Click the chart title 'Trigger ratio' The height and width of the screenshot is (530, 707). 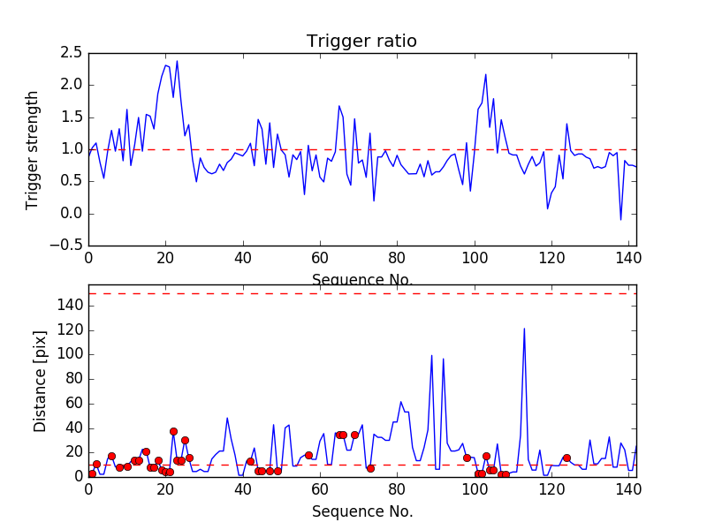coord(361,42)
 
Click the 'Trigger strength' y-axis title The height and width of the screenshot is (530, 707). coord(33,149)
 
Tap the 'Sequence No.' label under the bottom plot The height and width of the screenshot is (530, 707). coord(361,511)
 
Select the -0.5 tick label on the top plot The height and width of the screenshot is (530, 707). coord(67,246)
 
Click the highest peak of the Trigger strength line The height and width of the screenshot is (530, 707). coord(177,61)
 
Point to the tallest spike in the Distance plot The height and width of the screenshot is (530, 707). coord(524,329)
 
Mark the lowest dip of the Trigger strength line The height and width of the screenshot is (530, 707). coord(620,219)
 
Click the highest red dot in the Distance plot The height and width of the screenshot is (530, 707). coord(173,431)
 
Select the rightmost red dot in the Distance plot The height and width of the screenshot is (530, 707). coord(566,458)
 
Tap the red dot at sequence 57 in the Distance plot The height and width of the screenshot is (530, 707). coord(308,455)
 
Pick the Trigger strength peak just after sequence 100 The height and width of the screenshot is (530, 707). coord(485,74)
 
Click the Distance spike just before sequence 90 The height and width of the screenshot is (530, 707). coord(431,355)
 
